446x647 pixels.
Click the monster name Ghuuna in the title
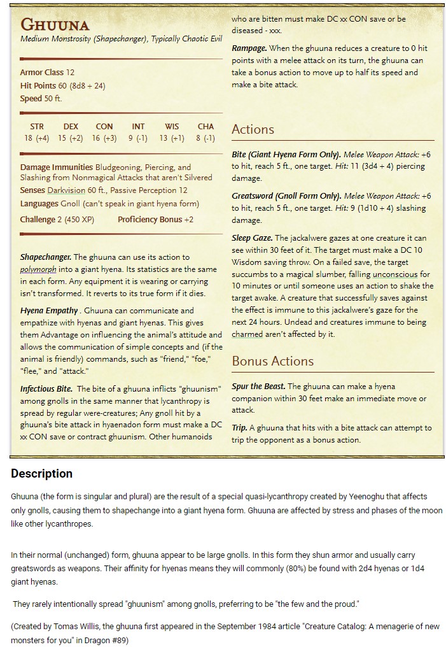55,25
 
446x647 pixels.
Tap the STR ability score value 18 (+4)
36,138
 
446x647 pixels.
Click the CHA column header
206,127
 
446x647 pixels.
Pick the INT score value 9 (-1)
138,138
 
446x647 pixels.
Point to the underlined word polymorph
38,269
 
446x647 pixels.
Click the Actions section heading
253,129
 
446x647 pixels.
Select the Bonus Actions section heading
272,361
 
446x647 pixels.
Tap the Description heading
41,474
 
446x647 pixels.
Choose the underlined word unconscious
395,274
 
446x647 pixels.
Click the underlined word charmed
247,334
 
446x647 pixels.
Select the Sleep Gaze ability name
252,238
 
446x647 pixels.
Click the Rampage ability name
249,48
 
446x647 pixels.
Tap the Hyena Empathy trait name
49,311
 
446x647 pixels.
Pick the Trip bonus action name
239,428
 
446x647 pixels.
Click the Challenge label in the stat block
38,220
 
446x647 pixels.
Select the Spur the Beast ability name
258,387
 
